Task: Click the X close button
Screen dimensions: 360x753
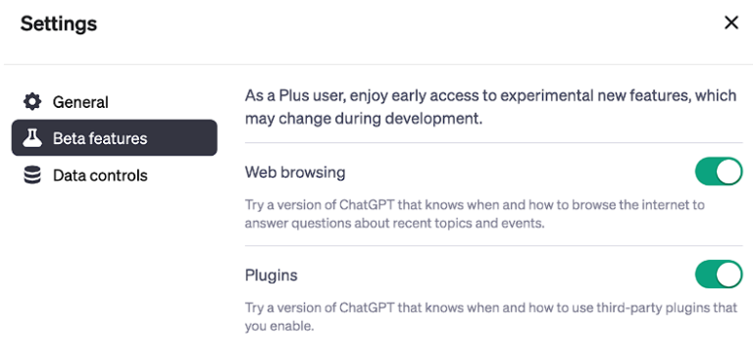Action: (x=730, y=23)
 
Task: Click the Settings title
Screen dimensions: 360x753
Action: (x=59, y=24)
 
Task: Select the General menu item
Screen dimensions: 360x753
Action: (x=80, y=102)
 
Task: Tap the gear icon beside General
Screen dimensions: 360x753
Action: (x=32, y=102)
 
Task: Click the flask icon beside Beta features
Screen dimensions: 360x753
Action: (x=32, y=138)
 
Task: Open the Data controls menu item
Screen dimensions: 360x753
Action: (x=100, y=176)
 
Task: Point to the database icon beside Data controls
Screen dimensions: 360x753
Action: (x=32, y=176)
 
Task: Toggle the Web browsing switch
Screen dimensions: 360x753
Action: (x=719, y=173)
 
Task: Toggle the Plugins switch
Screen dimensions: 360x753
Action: (x=719, y=275)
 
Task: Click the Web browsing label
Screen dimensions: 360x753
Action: (x=295, y=173)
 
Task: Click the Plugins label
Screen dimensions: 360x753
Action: (x=272, y=275)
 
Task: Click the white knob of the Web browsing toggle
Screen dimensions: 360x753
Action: (x=728, y=173)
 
